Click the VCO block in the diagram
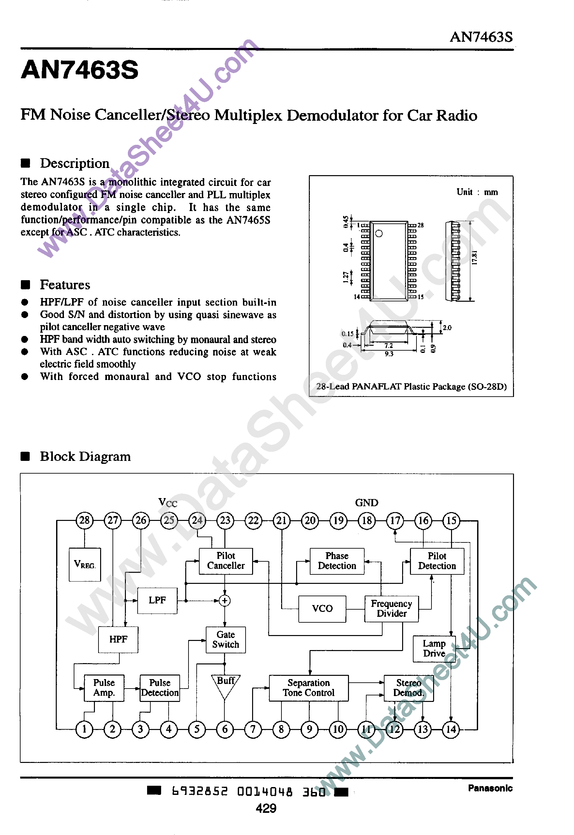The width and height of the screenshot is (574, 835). [x=322, y=608]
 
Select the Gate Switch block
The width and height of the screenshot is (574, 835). [x=225, y=639]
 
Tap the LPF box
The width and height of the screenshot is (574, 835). [x=157, y=600]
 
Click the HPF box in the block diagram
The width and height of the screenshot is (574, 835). [x=118, y=639]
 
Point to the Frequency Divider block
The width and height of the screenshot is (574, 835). [x=391, y=608]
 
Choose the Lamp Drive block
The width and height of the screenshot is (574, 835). [x=434, y=648]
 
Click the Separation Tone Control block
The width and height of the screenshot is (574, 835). [x=309, y=688]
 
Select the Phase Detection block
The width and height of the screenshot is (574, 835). [x=337, y=561]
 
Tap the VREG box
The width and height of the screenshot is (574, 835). [x=84, y=564]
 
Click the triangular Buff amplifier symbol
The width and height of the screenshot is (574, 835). [x=225, y=685]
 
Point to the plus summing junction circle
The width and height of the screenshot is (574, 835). [x=225, y=600]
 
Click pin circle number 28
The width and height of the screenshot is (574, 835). [x=84, y=520]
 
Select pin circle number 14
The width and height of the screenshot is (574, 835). [x=451, y=729]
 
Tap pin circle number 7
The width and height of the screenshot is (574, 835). [x=253, y=729]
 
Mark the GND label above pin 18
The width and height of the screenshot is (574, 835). [x=367, y=503]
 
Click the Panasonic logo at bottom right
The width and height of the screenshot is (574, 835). [x=490, y=788]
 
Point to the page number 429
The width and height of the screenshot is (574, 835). [x=266, y=808]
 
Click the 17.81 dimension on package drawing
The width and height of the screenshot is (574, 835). [x=475, y=258]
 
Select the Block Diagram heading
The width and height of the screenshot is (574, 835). [x=85, y=456]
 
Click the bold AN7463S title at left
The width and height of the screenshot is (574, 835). [x=80, y=69]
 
